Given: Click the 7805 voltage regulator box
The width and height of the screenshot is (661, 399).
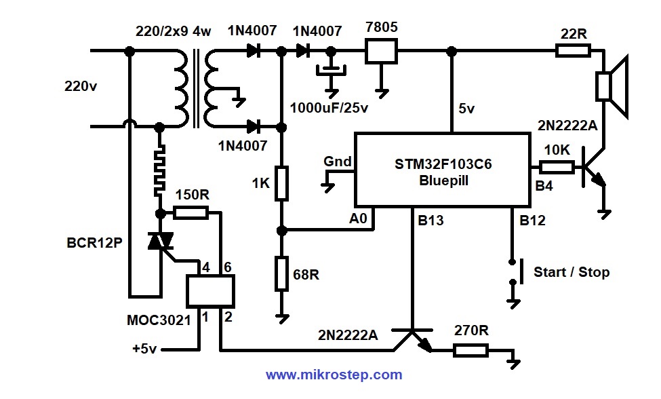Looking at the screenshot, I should click(x=381, y=51).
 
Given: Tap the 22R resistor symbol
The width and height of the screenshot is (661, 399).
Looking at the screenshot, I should click(x=573, y=50).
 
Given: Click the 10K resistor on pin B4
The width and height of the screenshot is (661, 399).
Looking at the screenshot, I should click(x=557, y=165).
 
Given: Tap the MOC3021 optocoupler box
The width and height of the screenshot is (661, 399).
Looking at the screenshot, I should click(x=210, y=292).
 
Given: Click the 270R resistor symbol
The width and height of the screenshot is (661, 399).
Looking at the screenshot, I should click(x=470, y=351).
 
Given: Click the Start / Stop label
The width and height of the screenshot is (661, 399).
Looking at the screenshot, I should click(x=571, y=272).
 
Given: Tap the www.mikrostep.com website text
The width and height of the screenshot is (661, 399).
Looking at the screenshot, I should click(x=334, y=375).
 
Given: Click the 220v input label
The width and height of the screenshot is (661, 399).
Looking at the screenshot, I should click(x=81, y=87).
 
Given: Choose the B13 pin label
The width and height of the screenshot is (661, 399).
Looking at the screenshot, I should click(x=429, y=221).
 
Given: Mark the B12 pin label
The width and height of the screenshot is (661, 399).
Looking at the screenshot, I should click(x=532, y=221).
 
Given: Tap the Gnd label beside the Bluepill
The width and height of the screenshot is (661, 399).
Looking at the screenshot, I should click(x=337, y=161).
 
